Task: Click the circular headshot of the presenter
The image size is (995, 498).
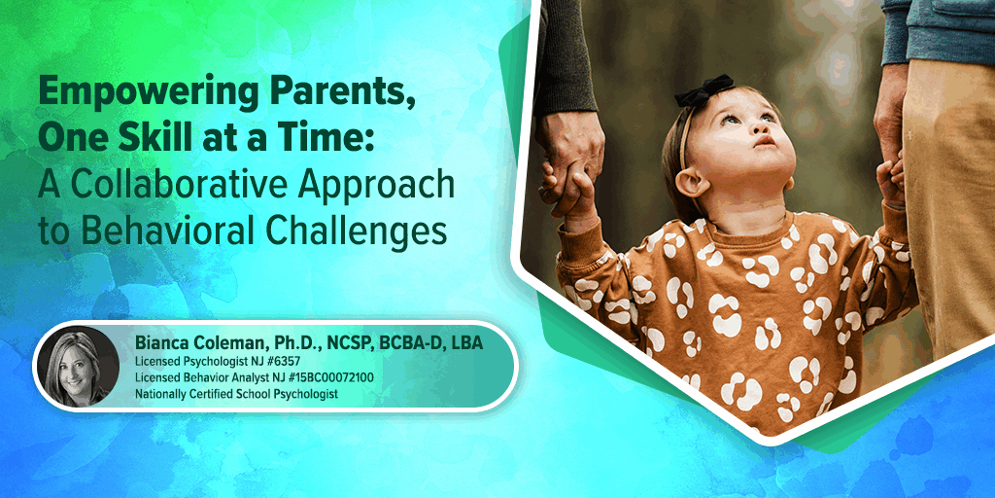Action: pos(78,367)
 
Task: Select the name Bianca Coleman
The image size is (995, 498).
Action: pos(202,343)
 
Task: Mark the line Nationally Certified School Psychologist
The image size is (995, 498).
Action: pos(236,394)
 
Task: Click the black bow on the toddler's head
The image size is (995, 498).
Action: pos(703,89)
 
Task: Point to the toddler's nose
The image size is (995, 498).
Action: pos(764,139)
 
